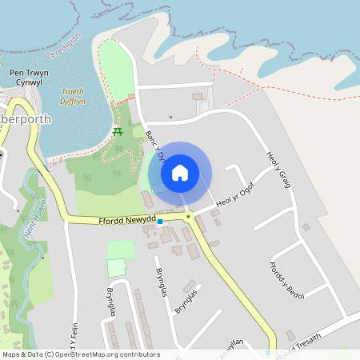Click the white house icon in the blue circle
(x=180, y=172)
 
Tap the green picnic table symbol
(x=118, y=130)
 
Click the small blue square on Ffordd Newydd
(x=160, y=221)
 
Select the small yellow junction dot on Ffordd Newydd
(x=189, y=216)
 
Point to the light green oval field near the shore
(x=115, y=73)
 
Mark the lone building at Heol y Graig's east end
(x=306, y=227)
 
